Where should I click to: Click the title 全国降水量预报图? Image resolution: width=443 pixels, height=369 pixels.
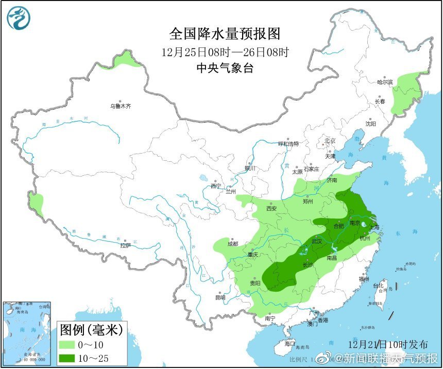[x=225, y=34]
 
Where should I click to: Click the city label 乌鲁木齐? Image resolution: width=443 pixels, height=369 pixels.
[x=120, y=107]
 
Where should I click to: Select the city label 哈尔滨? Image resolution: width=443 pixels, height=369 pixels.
[x=385, y=82]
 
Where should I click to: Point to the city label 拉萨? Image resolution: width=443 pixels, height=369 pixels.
[x=125, y=246]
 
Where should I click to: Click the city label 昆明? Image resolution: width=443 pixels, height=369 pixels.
[x=220, y=297]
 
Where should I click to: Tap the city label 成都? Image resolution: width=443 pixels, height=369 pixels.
[x=232, y=244]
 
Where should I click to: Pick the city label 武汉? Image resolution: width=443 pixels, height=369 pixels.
[x=316, y=241]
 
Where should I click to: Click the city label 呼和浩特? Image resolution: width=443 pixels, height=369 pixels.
[x=288, y=144]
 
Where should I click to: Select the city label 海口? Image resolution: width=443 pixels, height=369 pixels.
[x=290, y=343]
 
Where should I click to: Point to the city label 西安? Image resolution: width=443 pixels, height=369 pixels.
[x=272, y=209]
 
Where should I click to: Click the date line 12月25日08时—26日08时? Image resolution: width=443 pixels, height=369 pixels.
[x=225, y=52]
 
